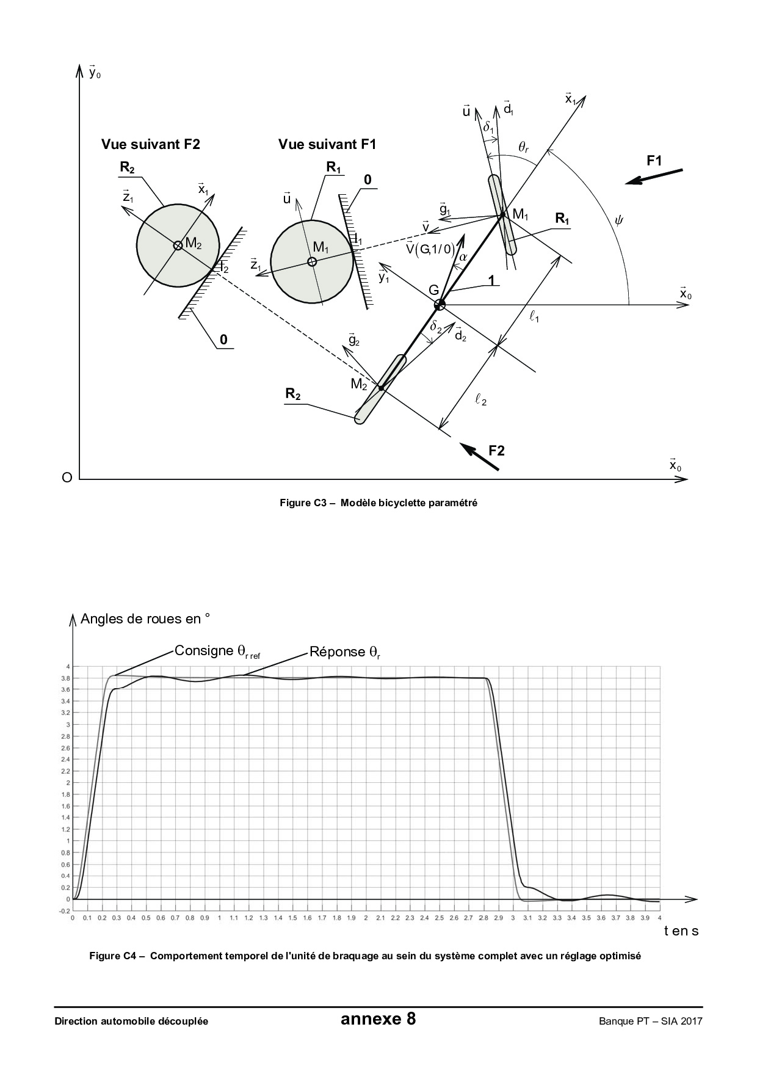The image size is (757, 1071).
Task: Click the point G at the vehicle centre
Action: tap(439, 304)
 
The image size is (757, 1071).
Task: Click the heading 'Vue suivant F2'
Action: tap(150, 144)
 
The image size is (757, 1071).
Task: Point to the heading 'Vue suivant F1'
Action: tap(327, 144)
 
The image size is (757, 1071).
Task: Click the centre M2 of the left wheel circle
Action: tap(178, 245)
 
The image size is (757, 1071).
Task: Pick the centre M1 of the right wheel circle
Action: tap(312, 262)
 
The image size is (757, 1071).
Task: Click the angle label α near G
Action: tap(463, 257)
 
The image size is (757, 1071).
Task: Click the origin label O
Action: tap(67, 477)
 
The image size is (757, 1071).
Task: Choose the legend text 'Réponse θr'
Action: tap(345, 652)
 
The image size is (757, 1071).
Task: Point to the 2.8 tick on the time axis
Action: tap(484, 918)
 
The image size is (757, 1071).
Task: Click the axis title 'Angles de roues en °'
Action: tap(145, 619)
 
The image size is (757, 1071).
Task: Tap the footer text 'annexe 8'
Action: tap(378, 1020)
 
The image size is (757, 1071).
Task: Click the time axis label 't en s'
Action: tap(681, 931)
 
